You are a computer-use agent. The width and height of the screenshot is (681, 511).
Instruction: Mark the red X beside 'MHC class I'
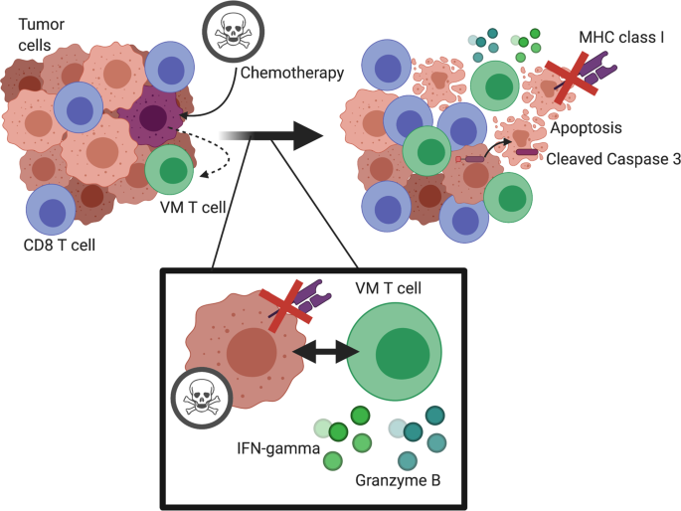coord(568,80)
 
